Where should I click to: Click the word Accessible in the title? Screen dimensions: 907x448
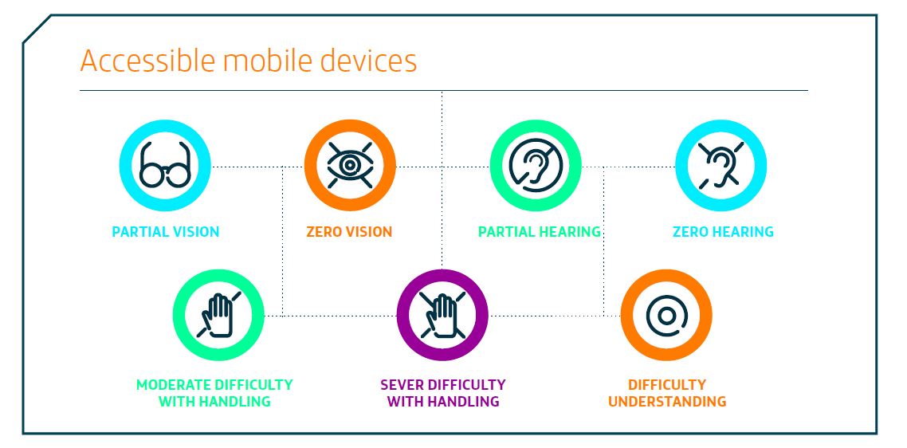[149, 61]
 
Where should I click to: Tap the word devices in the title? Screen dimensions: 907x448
[368, 61]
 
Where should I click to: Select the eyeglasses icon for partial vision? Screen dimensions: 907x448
[165, 166]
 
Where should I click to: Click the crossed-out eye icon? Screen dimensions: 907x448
[349, 166]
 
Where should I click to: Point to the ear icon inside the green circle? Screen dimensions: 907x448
[535, 166]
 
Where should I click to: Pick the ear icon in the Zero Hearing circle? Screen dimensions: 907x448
[720, 166]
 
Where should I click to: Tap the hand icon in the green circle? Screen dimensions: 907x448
[218, 315]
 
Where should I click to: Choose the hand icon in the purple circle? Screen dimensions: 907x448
[442, 315]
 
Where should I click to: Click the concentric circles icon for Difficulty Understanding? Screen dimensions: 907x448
[666, 316]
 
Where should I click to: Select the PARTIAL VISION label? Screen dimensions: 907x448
[166, 232]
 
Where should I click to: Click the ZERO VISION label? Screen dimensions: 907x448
[349, 232]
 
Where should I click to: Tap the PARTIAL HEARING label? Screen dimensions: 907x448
[540, 232]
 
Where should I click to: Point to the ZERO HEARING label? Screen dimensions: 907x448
[723, 232]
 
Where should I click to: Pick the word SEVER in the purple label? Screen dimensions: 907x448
[400, 385]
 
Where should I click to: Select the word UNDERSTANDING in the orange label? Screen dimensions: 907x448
[667, 401]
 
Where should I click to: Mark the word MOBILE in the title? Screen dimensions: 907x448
[269, 61]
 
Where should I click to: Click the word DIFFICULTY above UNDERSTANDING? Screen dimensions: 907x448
[667, 385]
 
